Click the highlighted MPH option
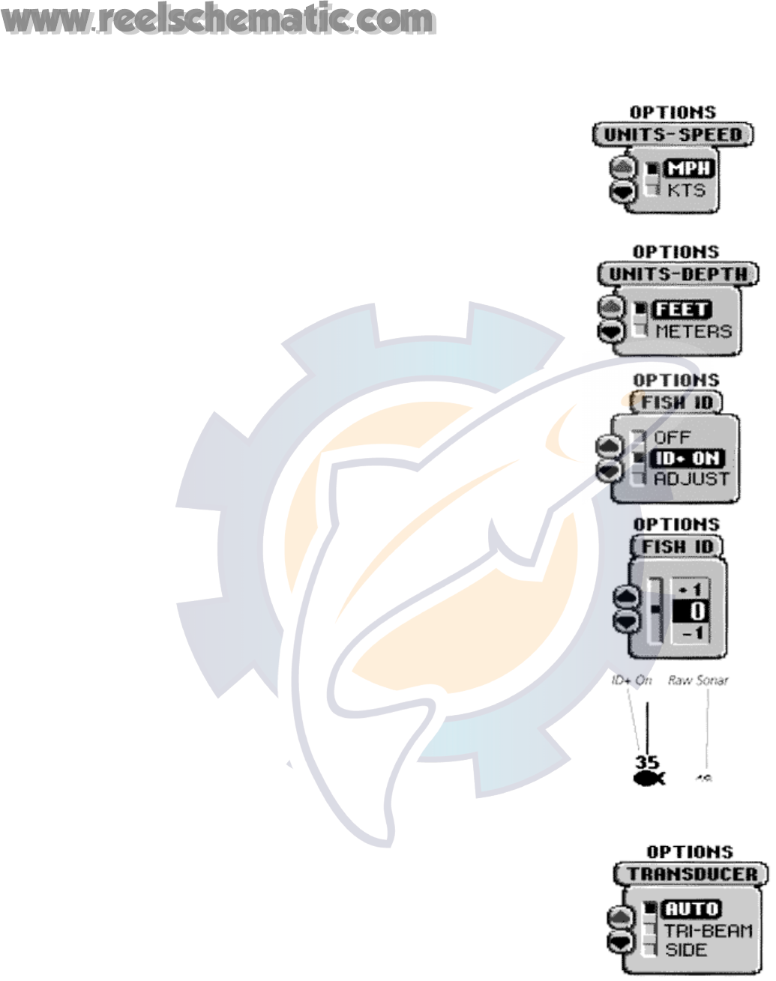tap(688, 169)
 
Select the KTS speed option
tap(686, 190)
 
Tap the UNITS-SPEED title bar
tap(673, 135)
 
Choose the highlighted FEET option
tap(682, 309)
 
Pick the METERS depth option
tap(693, 330)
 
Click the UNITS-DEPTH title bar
tap(678, 274)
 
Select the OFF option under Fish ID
tap(672, 437)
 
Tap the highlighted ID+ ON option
tap(686, 458)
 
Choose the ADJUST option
tap(691, 479)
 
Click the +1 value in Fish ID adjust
tap(689, 590)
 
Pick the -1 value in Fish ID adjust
tap(689, 633)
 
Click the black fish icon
tap(649, 780)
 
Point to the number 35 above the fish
tap(646, 763)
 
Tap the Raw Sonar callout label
tap(698, 680)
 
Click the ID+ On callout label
tap(632, 680)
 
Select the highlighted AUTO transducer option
tap(692, 909)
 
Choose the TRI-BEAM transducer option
tap(708, 931)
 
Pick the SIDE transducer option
tap(685, 950)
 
